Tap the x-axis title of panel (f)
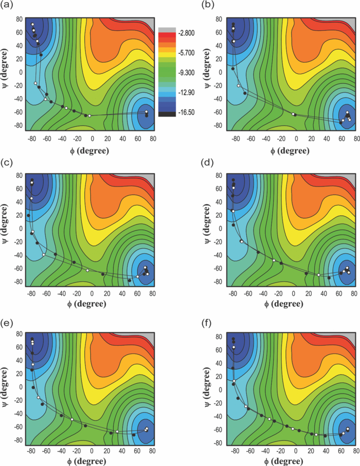coord(287,461)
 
